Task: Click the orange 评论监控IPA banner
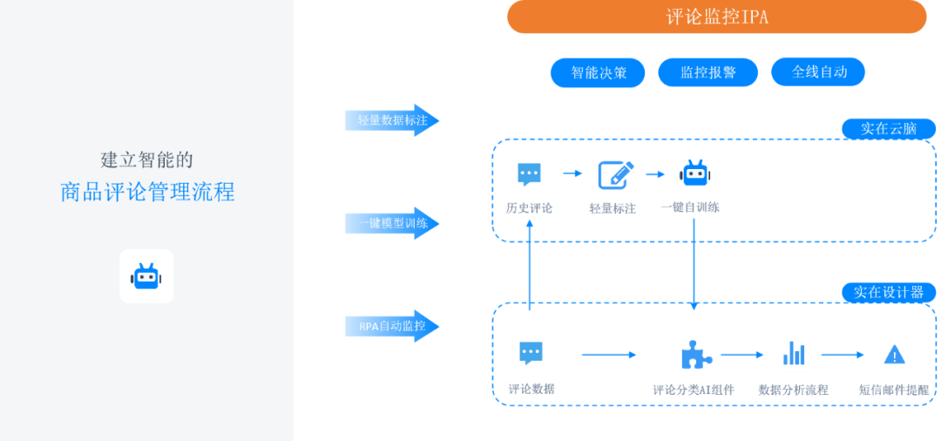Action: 716,17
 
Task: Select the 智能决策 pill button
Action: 599,72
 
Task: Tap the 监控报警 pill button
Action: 707,72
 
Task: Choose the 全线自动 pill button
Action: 819,71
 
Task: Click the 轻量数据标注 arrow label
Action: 392,120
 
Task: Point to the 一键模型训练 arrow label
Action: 392,223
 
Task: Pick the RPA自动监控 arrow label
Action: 392,327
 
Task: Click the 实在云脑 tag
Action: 889,129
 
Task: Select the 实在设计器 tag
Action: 889,292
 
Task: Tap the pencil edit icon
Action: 613,174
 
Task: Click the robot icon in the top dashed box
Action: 694,173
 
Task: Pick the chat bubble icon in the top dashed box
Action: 530,174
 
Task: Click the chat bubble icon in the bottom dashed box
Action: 531,354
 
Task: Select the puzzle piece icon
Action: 694,354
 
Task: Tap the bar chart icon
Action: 794,354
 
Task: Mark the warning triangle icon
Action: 895,354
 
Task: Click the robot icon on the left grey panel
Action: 146,276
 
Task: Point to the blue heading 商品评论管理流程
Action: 147,192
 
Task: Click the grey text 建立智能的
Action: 146,159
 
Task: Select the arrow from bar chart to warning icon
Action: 843,355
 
